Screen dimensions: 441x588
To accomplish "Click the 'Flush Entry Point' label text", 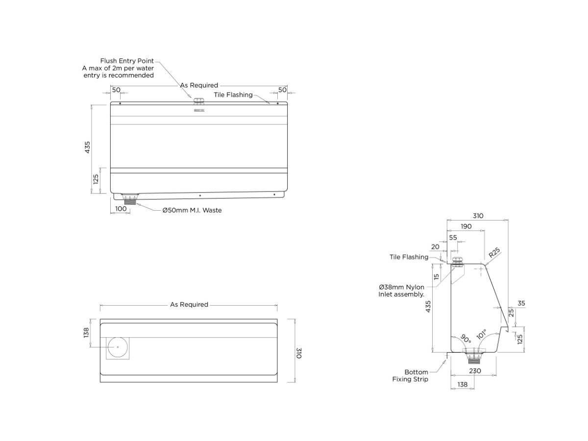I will point(127,61).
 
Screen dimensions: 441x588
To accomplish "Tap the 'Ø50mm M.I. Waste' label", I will point(192,210).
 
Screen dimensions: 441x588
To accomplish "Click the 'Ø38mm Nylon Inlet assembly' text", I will point(401,291).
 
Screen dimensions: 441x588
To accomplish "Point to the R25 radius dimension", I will point(494,253).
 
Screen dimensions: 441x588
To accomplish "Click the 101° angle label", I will point(482,334).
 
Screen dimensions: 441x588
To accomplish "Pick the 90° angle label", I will point(465,338).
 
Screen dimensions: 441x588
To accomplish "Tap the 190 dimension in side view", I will point(466,226).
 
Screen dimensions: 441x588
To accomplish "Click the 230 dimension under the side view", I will point(474,371).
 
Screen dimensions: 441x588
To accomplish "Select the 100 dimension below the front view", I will point(121,209).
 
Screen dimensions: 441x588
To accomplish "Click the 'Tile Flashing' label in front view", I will point(233,95).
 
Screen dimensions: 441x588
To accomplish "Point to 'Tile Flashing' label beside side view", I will point(409,257).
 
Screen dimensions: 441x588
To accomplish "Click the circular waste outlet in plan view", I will point(118,347).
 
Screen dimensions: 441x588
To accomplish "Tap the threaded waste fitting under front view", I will point(131,200).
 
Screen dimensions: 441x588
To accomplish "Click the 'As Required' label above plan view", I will point(189,304).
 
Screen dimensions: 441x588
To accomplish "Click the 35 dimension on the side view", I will point(521,303).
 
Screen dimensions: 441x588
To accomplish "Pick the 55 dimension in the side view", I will point(453,238).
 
